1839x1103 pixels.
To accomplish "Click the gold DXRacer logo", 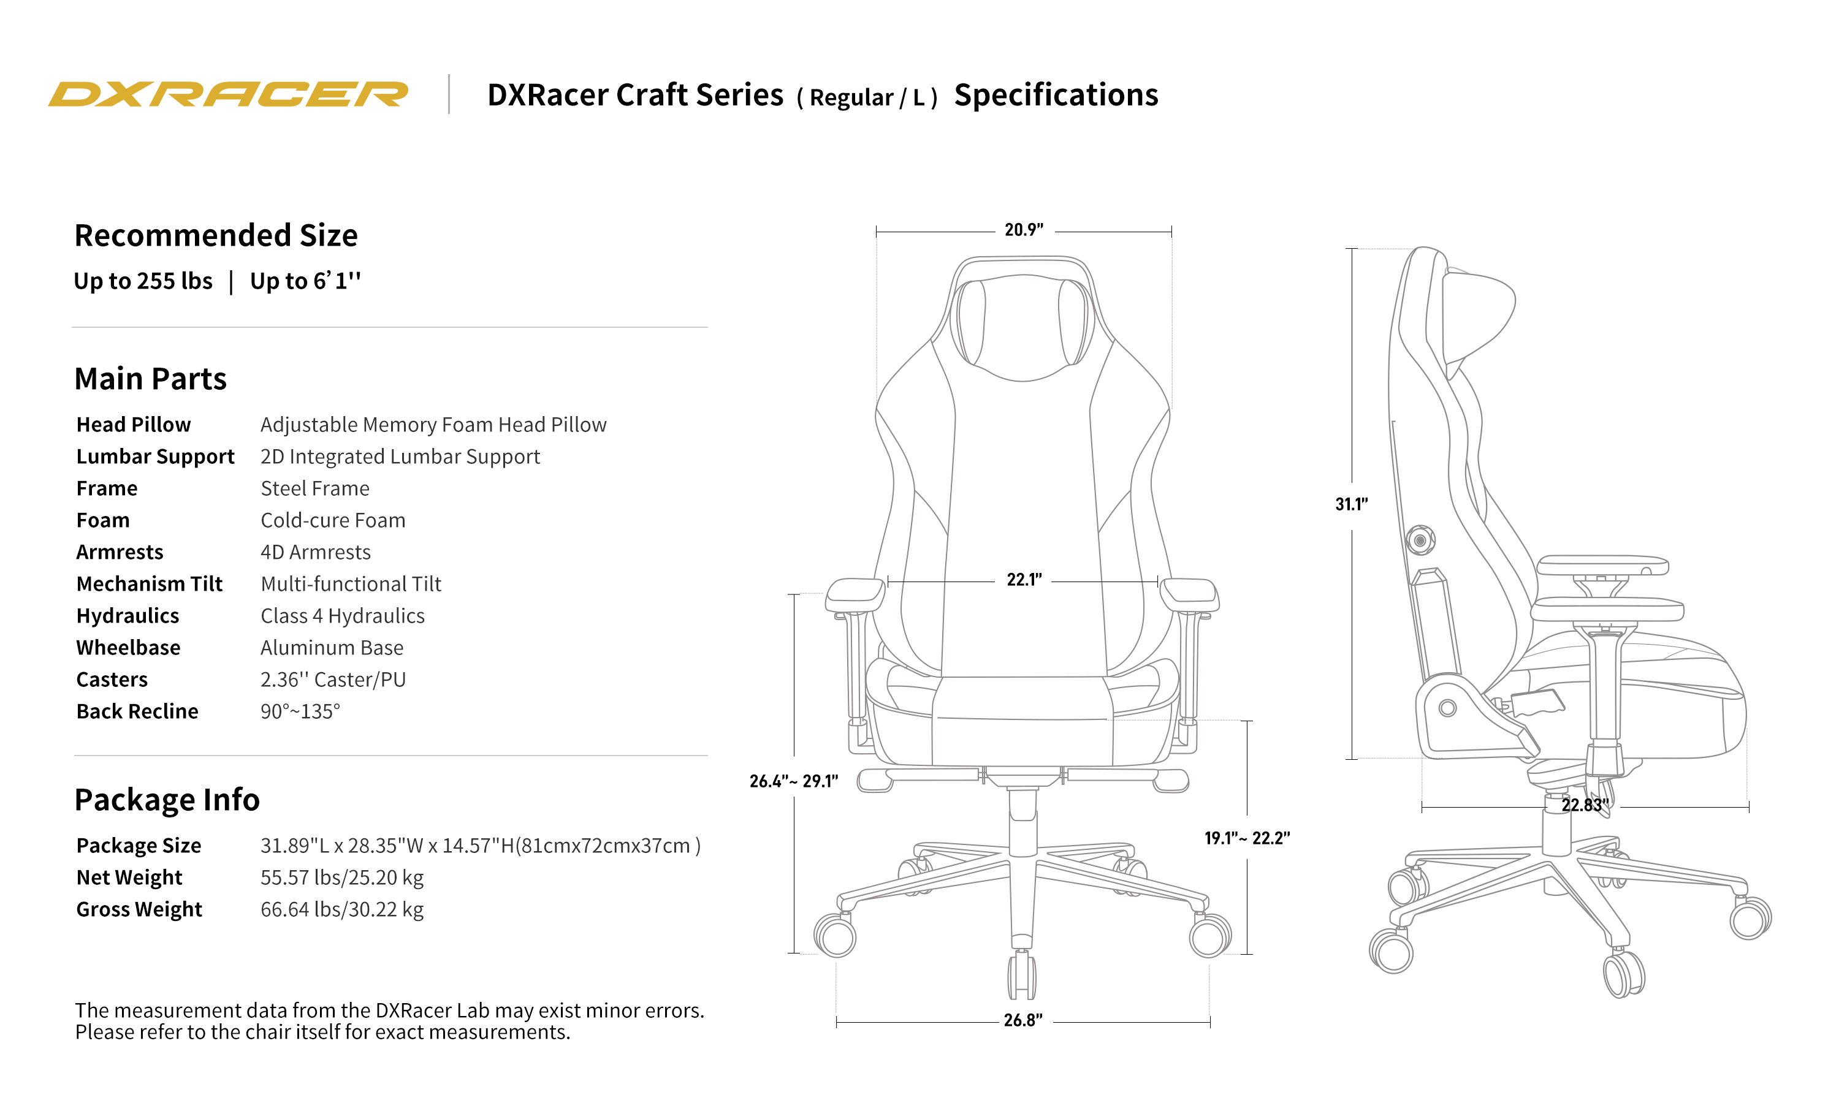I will click(227, 94).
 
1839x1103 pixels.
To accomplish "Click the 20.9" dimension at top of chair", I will click(1024, 230).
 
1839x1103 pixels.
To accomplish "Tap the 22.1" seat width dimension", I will click(1024, 580).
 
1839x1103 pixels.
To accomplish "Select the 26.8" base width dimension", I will click(1023, 1020).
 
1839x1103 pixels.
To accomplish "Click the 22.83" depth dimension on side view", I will click(1584, 805).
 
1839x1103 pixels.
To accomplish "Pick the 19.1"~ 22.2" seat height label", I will click(1247, 838).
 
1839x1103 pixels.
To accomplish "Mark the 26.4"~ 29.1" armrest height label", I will click(793, 781).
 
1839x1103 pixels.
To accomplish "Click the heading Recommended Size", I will click(216, 236).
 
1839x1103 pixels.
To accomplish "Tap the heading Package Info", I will click(167, 800).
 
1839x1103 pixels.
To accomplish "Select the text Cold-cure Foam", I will click(332, 520).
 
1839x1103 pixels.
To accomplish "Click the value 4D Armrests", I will click(315, 552).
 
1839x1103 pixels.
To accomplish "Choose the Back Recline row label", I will click(137, 711).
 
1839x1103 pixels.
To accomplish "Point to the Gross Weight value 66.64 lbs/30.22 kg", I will click(341, 910).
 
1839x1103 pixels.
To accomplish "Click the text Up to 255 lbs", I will click(143, 281).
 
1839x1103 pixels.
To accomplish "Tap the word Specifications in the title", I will click(1056, 95).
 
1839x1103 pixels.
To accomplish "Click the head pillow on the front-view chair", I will click(1023, 327).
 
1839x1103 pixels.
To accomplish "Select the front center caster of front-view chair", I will click(1022, 975).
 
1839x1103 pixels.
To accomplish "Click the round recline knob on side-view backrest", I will click(1420, 540).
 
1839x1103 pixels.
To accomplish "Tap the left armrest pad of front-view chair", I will click(855, 593).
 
